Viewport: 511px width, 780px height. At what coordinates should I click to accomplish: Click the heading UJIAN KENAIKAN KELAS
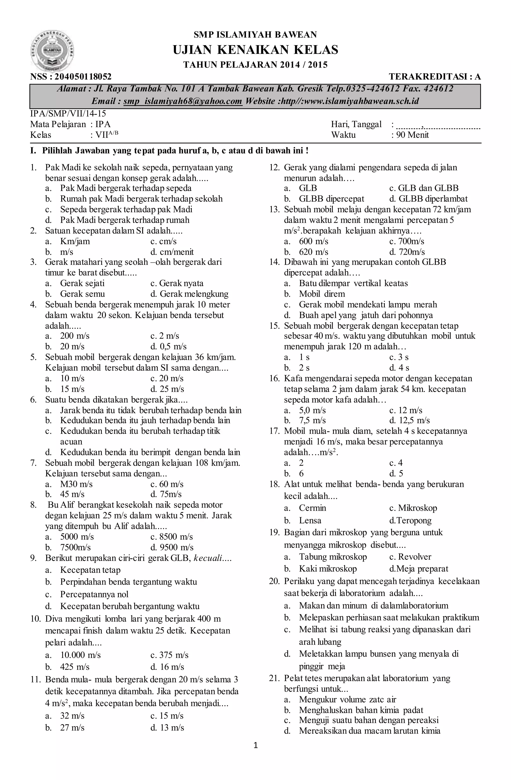point(255,50)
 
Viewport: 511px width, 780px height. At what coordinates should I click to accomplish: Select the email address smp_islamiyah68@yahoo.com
point(183,101)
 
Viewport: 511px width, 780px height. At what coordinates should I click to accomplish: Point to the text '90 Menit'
point(412,135)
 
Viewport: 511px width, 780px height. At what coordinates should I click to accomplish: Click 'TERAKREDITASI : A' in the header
point(435,77)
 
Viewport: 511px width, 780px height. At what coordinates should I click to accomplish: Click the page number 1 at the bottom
point(256,746)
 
